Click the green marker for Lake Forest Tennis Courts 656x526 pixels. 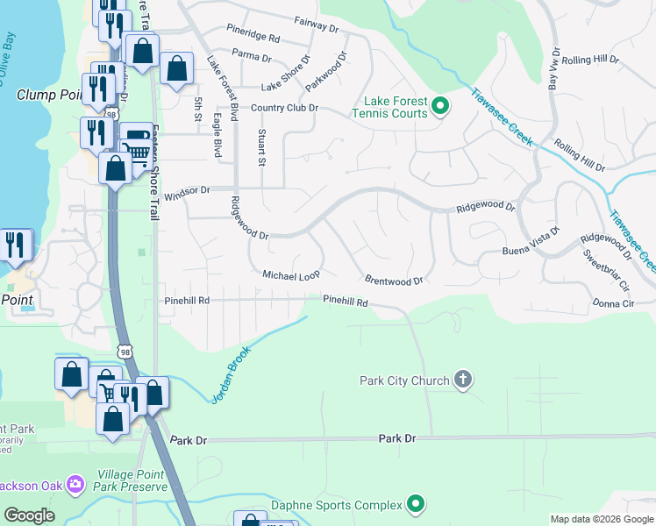coord(441,108)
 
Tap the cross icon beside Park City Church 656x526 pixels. coord(463,380)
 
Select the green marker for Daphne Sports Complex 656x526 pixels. coord(417,504)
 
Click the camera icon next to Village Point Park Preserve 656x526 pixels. coord(75,483)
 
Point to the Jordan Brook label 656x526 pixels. coord(231,375)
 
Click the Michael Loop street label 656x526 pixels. coord(291,275)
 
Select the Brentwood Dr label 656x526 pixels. coord(394,281)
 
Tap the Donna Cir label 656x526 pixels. coord(613,302)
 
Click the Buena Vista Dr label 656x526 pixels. coord(530,245)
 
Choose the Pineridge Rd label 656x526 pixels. coord(252,39)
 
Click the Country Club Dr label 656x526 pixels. coord(283,108)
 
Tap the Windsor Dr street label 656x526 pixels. coord(188,189)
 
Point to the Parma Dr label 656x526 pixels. coord(252,57)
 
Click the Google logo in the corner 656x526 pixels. coord(29,515)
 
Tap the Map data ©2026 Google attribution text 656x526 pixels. coord(601,519)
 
